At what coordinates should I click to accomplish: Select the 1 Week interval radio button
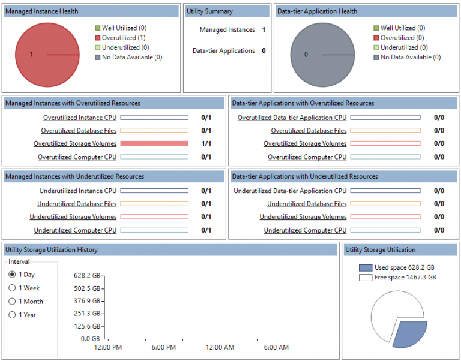(x=13, y=288)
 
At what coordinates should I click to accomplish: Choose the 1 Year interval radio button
(x=13, y=315)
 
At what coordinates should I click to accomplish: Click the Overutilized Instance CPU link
(x=80, y=118)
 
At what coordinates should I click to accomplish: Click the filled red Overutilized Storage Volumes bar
(x=154, y=144)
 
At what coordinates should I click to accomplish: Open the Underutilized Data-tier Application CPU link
(x=290, y=191)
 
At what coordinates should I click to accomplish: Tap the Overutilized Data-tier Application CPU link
(x=292, y=118)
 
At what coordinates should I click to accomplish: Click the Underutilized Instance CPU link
(x=78, y=191)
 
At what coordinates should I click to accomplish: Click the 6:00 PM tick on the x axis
(x=163, y=348)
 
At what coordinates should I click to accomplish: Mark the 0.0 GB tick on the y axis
(x=91, y=339)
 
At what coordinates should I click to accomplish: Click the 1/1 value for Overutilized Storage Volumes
(x=206, y=144)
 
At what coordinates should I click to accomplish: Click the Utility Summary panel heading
(x=210, y=11)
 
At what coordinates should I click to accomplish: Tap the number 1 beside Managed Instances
(x=264, y=30)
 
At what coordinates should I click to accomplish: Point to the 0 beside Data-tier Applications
(x=264, y=51)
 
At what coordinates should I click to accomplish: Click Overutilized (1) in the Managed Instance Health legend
(x=123, y=38)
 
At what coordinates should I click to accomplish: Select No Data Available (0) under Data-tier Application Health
(x=410, y=57)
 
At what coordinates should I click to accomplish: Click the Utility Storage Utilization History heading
(x=52, y=249)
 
